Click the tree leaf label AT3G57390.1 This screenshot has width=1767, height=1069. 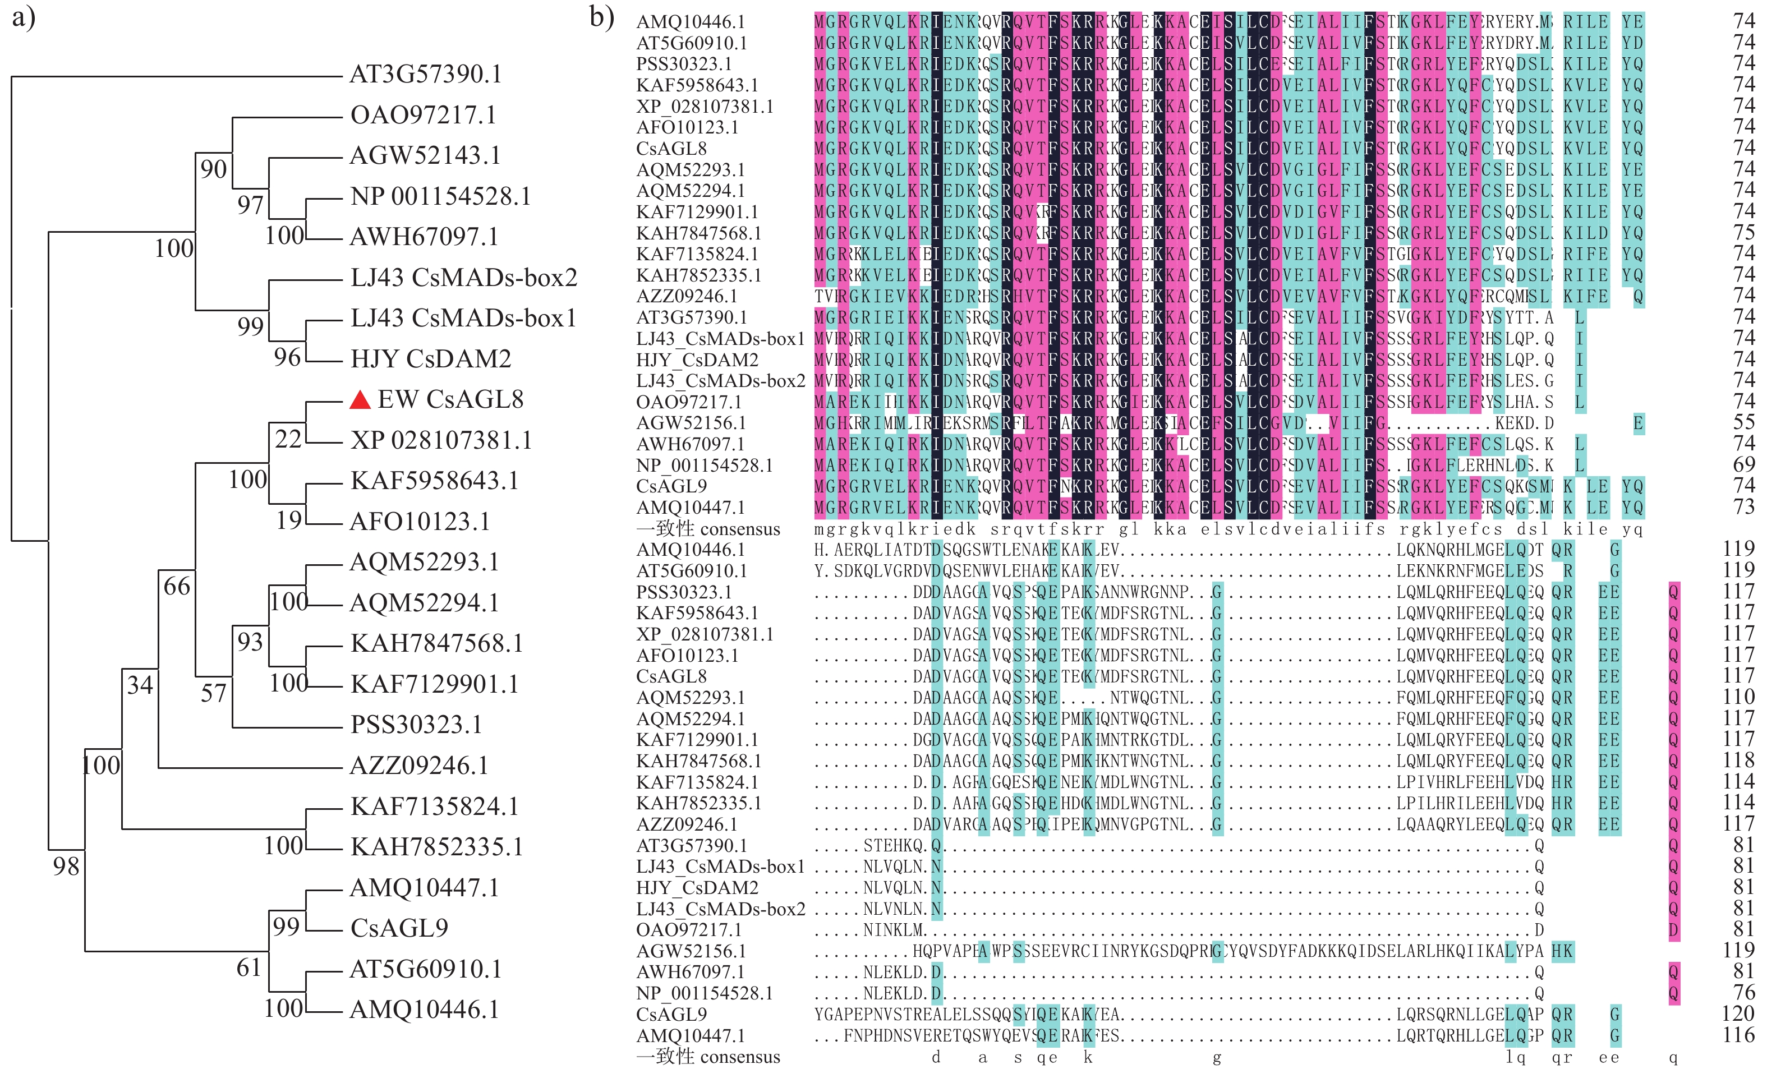tap(425, 74)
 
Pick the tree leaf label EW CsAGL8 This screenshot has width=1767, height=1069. tap(450, 399)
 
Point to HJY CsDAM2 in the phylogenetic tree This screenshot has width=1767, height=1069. tap(430, 358)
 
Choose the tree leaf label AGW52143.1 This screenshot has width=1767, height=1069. tap(425, 155)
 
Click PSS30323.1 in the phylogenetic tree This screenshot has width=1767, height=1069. tap(416, 725)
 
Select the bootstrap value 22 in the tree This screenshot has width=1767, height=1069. tap(288, 439)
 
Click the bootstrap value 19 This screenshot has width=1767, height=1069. tap(289, 520)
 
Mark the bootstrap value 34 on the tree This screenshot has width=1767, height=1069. tap(140, 685)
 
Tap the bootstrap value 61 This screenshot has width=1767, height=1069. tap(249, 968)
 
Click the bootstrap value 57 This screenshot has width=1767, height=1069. tap(214, 693)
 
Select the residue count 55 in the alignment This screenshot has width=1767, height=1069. tap(1743, 422)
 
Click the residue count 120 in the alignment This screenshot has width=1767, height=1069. tap(1738, 1014)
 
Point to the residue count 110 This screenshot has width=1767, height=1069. tap(1738, 697)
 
